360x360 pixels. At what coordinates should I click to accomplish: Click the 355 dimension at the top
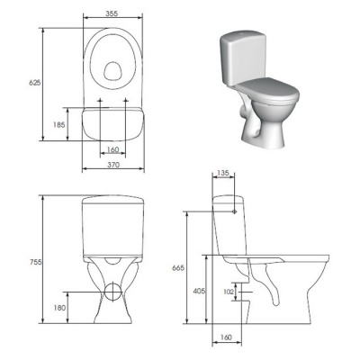point(112,13)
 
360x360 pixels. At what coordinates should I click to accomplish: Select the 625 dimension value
point(34,83)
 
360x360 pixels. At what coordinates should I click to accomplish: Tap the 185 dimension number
point(58,124)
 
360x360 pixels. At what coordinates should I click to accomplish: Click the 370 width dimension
point(113,165)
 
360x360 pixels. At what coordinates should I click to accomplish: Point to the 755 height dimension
point(36,262)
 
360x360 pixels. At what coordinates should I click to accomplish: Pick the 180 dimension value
point(59,308)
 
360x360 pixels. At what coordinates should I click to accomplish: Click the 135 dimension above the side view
point(223,173)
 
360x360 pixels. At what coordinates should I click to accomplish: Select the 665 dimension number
point(178,268)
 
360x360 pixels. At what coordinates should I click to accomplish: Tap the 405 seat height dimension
point(199,291)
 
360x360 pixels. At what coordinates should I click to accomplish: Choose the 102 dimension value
point(229,292)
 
